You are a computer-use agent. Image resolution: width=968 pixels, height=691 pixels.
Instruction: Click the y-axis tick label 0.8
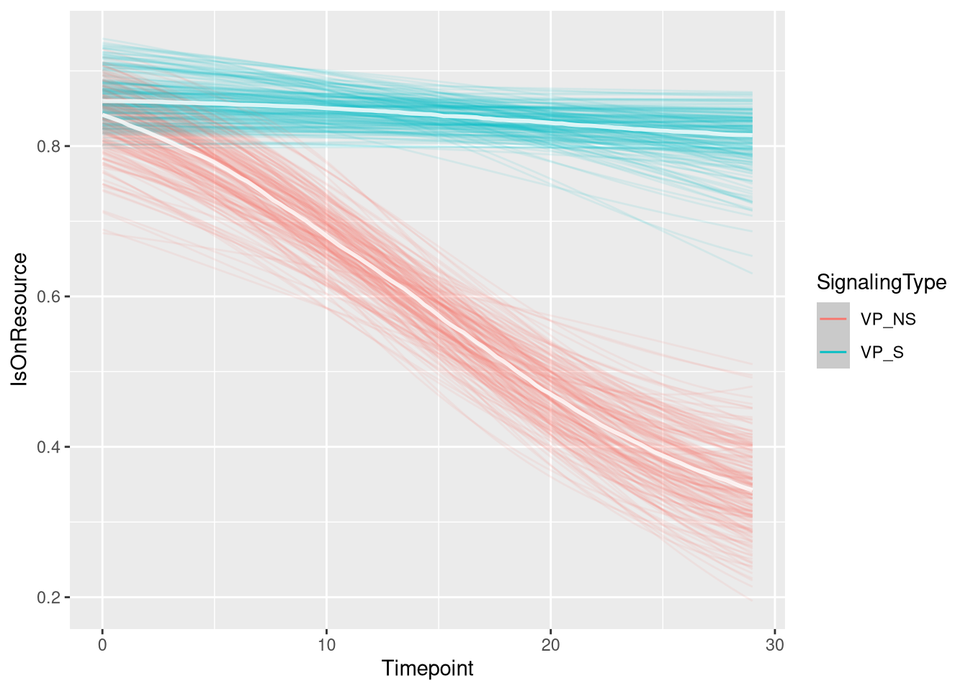(x=48, y=147)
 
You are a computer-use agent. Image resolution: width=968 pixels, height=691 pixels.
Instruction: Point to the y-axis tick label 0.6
(x=48, y=297)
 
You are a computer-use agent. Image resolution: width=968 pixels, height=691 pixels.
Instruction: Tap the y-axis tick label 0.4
(x=48, y=447)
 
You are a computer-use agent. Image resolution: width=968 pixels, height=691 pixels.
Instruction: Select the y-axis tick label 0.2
(x=48, y=597)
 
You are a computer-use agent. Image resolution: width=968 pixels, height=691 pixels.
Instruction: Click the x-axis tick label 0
(x=102, y=645)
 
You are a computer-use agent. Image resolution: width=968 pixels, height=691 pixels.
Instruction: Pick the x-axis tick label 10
(x=326, y=645)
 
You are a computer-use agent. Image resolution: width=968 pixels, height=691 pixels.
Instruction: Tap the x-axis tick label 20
(x=550, y=645)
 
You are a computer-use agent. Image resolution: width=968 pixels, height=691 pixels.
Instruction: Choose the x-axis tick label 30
(x=774, y=645)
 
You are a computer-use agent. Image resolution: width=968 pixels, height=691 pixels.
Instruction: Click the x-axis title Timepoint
(x=427, y=669)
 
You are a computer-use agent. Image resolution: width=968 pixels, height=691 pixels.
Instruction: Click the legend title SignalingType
(x=881, y=283)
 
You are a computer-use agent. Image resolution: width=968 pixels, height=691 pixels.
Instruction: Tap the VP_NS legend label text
(x=888, y=319)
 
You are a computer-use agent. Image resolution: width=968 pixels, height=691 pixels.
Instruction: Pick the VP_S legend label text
(x=882, y=353)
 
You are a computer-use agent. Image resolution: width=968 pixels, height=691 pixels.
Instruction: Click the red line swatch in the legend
(x=833, y=319)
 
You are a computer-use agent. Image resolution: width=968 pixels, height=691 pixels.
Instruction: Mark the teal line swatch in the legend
(x=833, y=352)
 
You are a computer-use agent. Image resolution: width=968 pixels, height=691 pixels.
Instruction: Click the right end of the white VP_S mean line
(x=751, y=135)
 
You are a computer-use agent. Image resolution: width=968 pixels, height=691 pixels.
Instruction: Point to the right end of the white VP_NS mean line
(x=751, y=490)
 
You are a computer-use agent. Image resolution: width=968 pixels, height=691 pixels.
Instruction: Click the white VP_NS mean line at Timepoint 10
(x=326, y=235)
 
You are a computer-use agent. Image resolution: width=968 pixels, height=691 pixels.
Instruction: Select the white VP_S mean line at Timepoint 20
(x=550, y=122)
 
